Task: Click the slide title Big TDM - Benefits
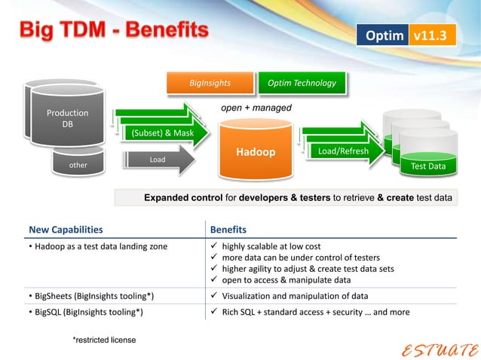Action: point(113,31)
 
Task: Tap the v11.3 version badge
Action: point(431,35)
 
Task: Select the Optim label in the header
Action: point(383,35)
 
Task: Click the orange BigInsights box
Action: point(210,83)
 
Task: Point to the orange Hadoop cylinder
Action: point(256,151)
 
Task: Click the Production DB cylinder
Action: point(67,118)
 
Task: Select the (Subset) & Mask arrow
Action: point(161,133)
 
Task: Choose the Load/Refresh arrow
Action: point(343,151)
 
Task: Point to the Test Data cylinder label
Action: point(427,166)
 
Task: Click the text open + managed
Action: point(256,108)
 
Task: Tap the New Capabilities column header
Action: point(66,229)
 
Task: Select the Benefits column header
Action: point(228,229)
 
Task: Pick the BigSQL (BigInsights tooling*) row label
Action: point(85,311)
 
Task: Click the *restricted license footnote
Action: point(104,340)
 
